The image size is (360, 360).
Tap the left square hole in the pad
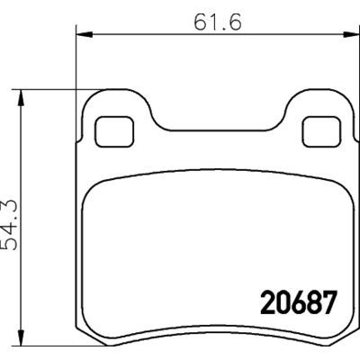tap(110, 130)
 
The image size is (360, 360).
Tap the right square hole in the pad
tap(317, 130)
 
